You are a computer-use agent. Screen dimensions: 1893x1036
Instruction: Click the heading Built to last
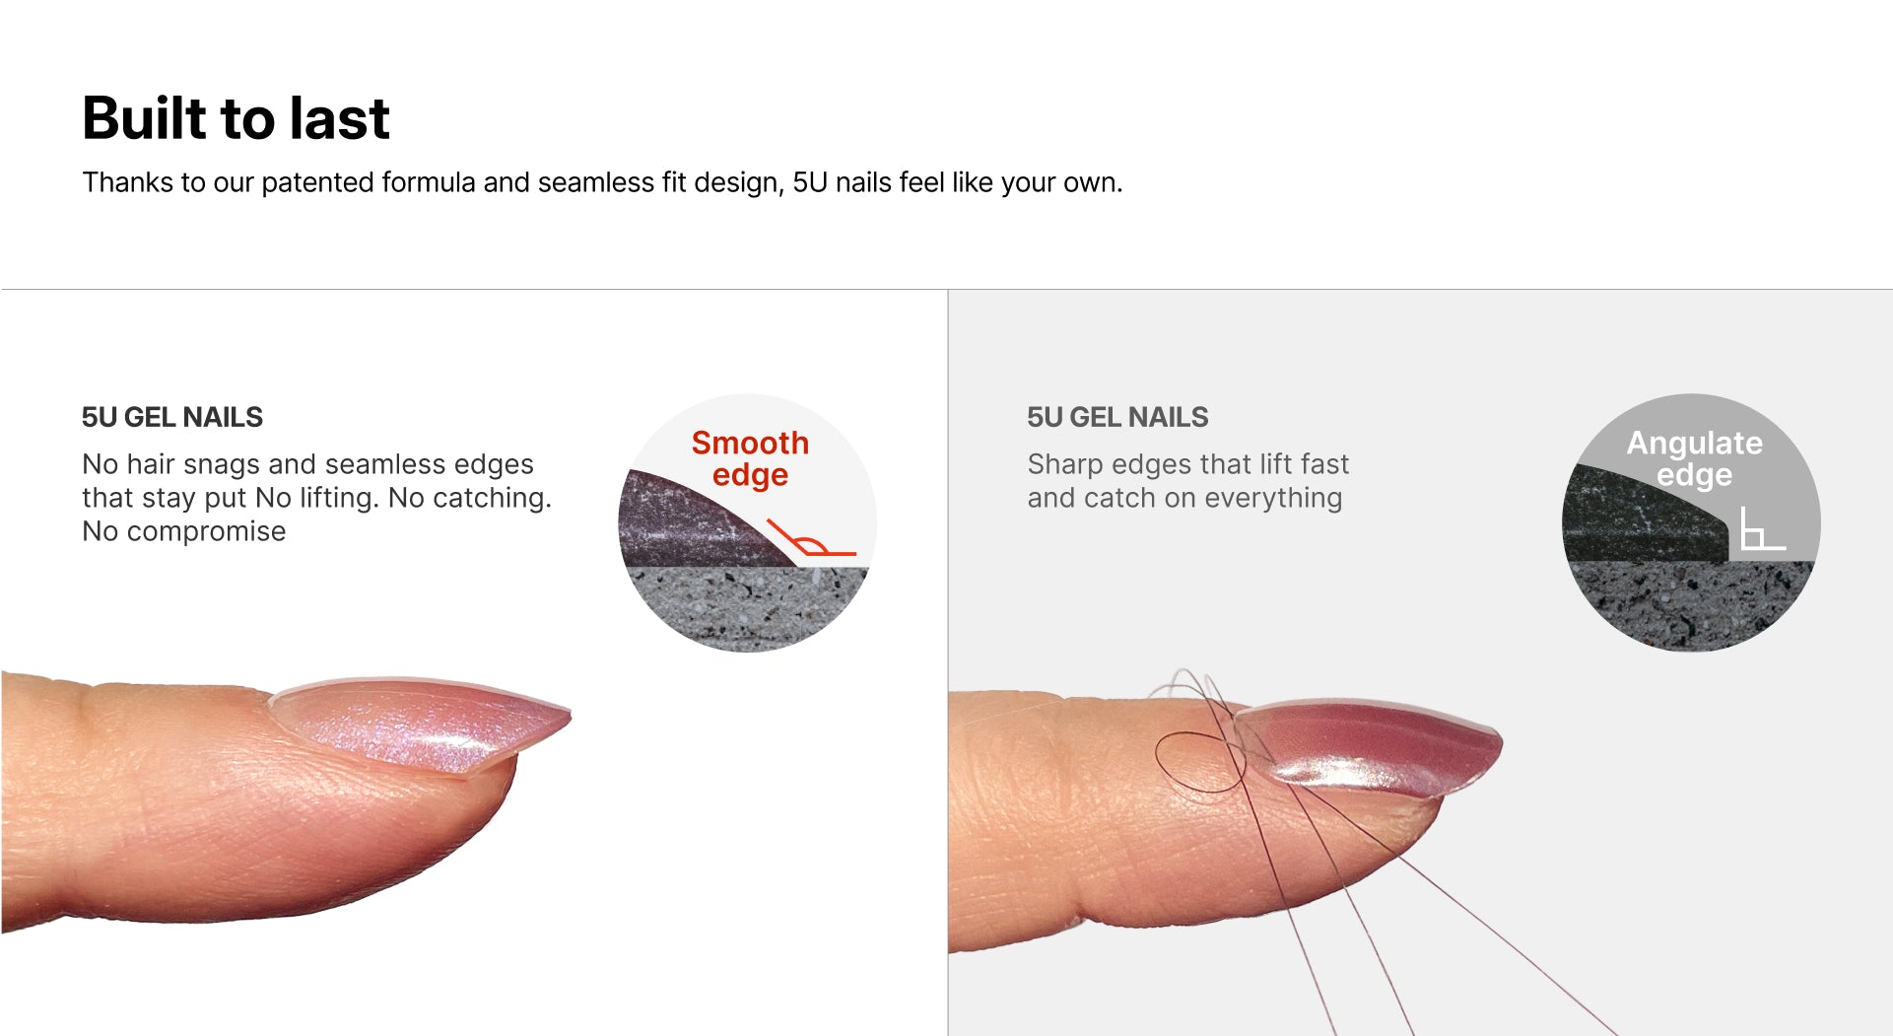pos(236,118)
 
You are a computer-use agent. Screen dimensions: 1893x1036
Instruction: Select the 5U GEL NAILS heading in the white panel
pos(172,417)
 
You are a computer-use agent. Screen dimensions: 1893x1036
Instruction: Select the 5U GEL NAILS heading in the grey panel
pos(1117,417)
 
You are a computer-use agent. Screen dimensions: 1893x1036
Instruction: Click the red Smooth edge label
pos(750,458)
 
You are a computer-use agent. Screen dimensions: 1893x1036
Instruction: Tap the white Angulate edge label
pos(1694,458)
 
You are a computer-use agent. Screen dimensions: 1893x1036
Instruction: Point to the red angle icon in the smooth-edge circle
pos(810,540)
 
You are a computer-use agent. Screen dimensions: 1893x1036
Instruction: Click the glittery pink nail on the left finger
pos(424,725)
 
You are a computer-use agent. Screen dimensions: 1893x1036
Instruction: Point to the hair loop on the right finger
pos(1200,762)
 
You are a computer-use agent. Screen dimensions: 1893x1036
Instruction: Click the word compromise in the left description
pos(206,531)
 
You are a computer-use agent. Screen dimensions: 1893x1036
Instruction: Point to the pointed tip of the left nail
pos(569,713)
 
